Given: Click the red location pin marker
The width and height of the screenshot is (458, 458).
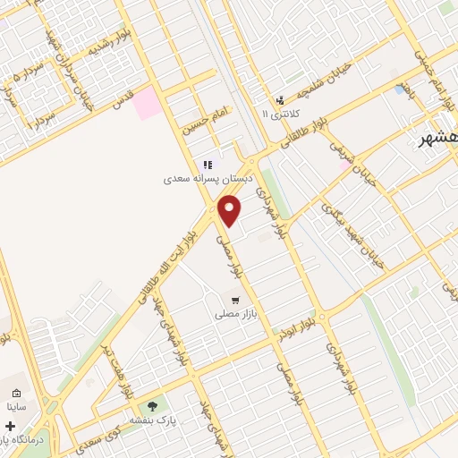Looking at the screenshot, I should click(231, 210).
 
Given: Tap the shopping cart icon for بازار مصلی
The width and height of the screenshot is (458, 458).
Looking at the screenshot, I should click(235, 301).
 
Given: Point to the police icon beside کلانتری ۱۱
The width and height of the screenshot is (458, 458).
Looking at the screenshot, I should click(280, 100).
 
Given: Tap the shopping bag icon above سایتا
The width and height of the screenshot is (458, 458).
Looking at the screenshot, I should click(16, 393).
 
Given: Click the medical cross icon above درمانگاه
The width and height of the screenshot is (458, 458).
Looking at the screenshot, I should click(10, 426).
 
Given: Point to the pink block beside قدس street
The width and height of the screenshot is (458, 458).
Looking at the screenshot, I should click(148, 104).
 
